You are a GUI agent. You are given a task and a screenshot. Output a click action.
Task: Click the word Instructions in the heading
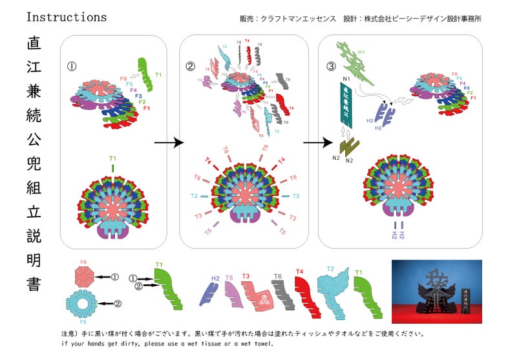pos(67,17)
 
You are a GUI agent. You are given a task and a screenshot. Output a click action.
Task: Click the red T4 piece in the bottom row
pos(306,292)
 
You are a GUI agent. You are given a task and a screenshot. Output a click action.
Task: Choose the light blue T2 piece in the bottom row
pos(335,292)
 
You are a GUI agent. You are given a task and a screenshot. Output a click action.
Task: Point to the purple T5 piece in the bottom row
pos(231,295)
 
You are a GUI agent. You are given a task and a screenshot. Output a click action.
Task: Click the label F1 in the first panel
pos(148,108)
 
